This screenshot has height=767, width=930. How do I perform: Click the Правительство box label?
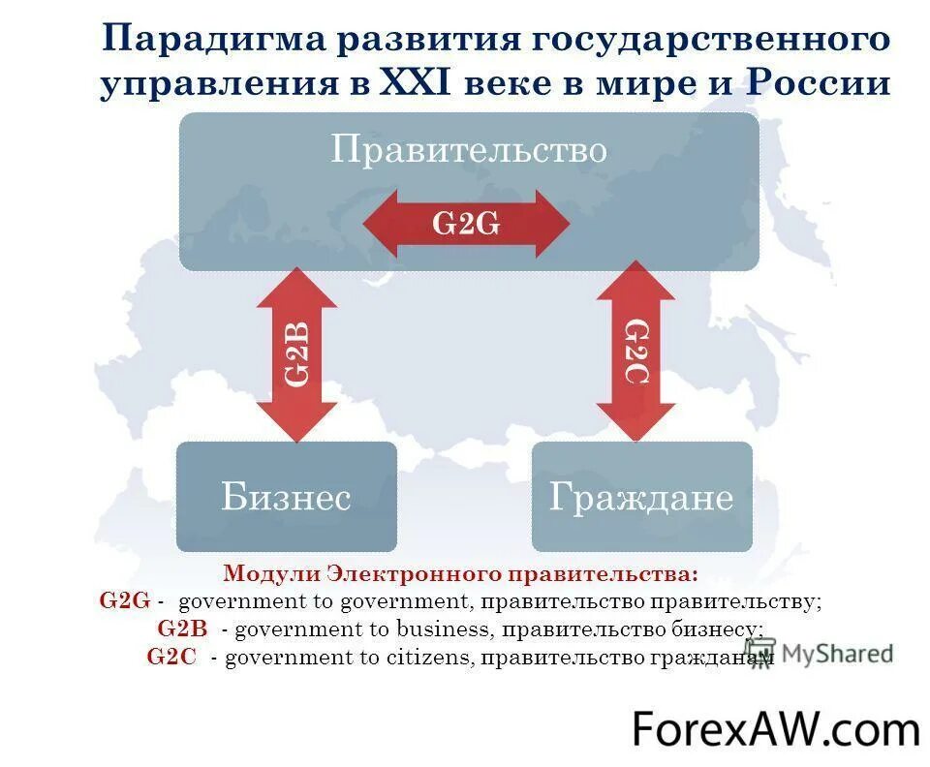pyautogui.click(x=469, y=150)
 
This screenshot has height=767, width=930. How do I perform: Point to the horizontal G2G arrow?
pyautogui.click(x=466, y=224)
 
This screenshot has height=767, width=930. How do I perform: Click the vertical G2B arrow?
pyautogui.click(x=297, y=353)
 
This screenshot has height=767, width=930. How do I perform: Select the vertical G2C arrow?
pyautogui.click(x=635, y=351)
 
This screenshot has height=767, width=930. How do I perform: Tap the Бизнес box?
pyautogui.click(x=286, y=497)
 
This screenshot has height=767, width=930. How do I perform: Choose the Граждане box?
pyautogui.click(x=641, y=497)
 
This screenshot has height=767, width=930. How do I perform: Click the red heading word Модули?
pyautogui.click(x=272, y=573)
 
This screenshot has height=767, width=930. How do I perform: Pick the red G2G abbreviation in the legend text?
pyautogui.click(x=125, y=600)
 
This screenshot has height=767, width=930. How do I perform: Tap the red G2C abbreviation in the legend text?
pyautogui.click(x=171, y=657)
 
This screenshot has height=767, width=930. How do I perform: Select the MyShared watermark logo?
pyautogui.click(x=819, y=654)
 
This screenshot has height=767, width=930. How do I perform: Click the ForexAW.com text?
pyautogui.click(x=776, y=728)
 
